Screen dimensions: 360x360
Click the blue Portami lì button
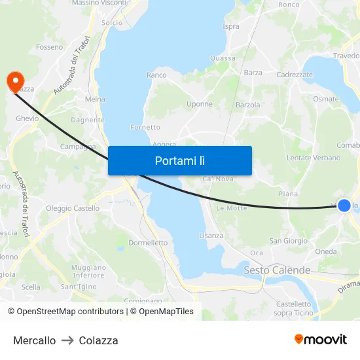pyautogui.click(x=180, y=160)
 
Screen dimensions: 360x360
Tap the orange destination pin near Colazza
pyautogui.click(x=14, y=81)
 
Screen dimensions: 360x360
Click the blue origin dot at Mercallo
pyautogui.click(x=344, y=206)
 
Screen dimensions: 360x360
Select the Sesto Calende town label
pyautogui.click(x=277, y=270)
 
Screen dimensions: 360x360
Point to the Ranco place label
pyautogui.click(x=156, y=75)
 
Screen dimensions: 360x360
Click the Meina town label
pyautogui.click(x=96, y=99)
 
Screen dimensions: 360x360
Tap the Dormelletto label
pyautogui.click(x=148, y=243)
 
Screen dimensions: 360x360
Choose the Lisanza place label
pyautogui.click(x=211, y=236)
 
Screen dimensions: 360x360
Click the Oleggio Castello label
pyautogui.click(x=73, y=209)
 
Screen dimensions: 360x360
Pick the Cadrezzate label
pyautogui.click(x=295, y=75)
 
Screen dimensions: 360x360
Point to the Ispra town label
pyautogui.click(x=231, y=27)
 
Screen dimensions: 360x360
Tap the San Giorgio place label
pyautogui.click(x=289, y=241)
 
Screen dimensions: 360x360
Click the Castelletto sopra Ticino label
pyautogui.click(x=293, y=308)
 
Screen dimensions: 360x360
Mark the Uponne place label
pyautogui.click(x=200, y=104)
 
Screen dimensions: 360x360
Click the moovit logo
pyautogui.click(x=321, y=339)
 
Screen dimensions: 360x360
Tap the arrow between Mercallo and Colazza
pyautogui.click(x=67, y=340)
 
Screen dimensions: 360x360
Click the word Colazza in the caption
pyautogui.click(x=98, y=340)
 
